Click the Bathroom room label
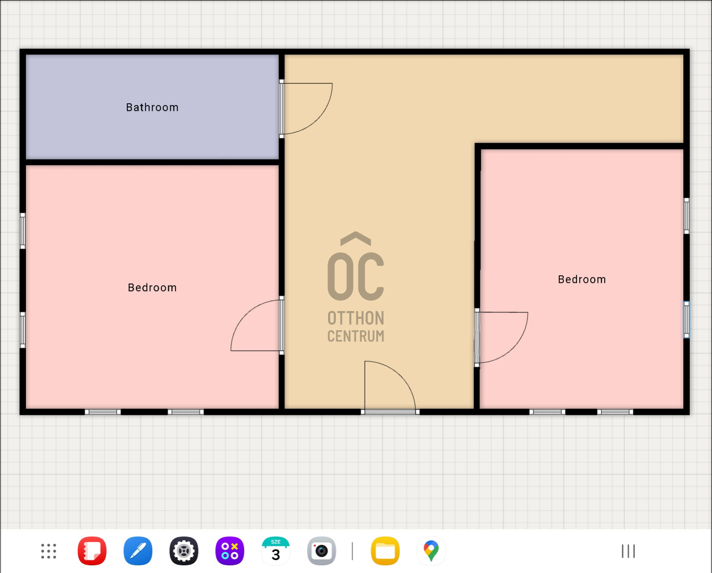pyautogui.click(x=152, y=107)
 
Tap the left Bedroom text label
pyautogui.click(x=152, y=287)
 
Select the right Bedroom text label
pyautogui.click(x=582, y=279)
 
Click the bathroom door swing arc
pyautogui.click(x=314, y=114)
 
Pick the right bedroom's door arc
pyautogui.click(x=509, y=341)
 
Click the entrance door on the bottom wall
pyautogui.click(x=390, y=387)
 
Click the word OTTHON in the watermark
pyautogui.click(x=356, y=318)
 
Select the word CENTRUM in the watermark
pyautogui.click(x=356, y=336)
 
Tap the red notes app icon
pyautogui.click(x=92, y=551)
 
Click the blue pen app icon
pyautogui.click(x=138, y=551)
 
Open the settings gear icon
pyautogui.click(x=184, y=551)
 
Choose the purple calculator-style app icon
pyautogui.click(x=230, y=551)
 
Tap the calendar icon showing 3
pyautogui.click(x=276, y=551)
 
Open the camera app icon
pyautogui.click(x=322, y=551)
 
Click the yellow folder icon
pyautogui.click(x=385, y=551)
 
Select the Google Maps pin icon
pyautogui.click(x=431, y=551)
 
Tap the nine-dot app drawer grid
pyautogui.click(x=49, y=551)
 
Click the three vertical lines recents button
pyautogui.click(x=628, y=551)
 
